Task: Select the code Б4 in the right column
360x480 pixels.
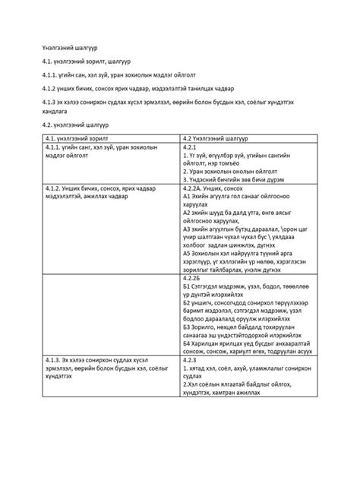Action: (187, 343)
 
